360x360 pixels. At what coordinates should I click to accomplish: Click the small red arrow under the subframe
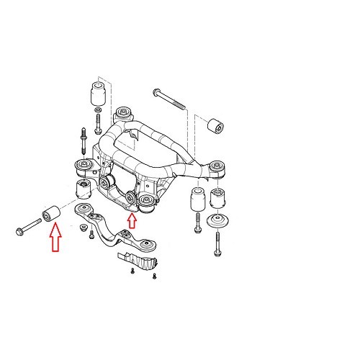point(131,219)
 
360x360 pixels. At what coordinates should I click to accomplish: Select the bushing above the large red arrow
point(53,213)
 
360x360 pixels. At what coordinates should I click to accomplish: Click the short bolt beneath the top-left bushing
point(99,120)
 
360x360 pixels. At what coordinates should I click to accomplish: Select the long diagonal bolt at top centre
point(170,100)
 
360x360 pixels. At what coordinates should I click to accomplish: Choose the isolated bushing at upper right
point(214,127)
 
